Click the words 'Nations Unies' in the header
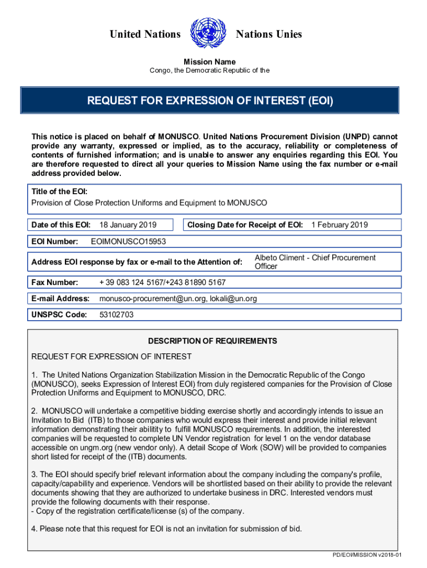pos(269,34)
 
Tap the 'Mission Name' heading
pos(210,62)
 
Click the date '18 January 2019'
pos(128,225)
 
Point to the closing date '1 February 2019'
pos(339,225)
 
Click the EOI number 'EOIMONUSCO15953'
pos(128,242)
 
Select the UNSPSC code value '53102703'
pos(116,315)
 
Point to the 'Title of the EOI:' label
pos(59,191)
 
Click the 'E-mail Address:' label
pos(60,298)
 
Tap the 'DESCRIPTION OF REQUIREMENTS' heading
pos(212,341)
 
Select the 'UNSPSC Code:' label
pos(59,315)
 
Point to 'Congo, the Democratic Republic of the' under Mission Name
pos(210,70)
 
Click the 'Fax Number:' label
pos(55,282)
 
